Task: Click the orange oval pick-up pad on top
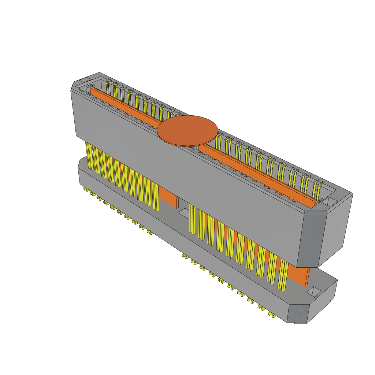(x=187, y=130)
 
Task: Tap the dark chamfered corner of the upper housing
(x=311, y=240)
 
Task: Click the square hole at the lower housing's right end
(x=314, y=292)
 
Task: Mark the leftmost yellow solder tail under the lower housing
(x=86, y=189)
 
